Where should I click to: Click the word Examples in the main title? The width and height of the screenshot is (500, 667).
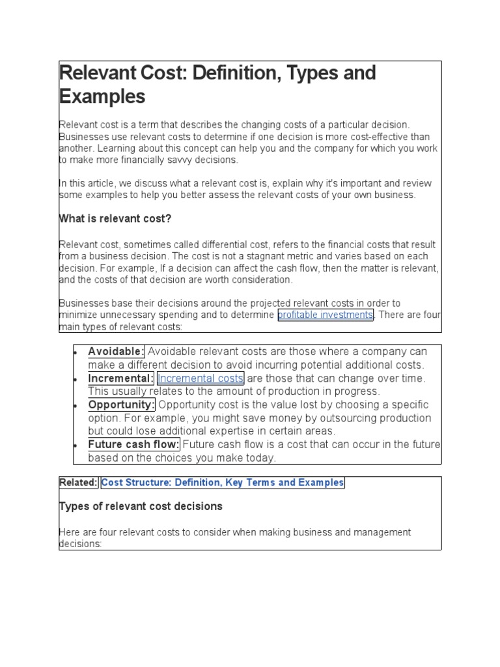(x=102, y=97)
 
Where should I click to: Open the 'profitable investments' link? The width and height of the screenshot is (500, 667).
(x=326, y=315)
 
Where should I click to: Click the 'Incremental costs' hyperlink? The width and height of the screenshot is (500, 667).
(x=201, y=378)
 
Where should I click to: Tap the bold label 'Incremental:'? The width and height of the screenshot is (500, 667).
(x=121, y=378)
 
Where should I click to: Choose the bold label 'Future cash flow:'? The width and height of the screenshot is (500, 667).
(x=134, y=445)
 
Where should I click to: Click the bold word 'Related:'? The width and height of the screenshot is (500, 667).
(x=79, y=483)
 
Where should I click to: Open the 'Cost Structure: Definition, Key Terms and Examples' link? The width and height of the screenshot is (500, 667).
(x=223, y=483)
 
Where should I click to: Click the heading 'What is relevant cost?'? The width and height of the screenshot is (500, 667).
(x=115, y=219)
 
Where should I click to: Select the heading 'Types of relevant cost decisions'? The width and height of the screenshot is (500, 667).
(x=141, y=506)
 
